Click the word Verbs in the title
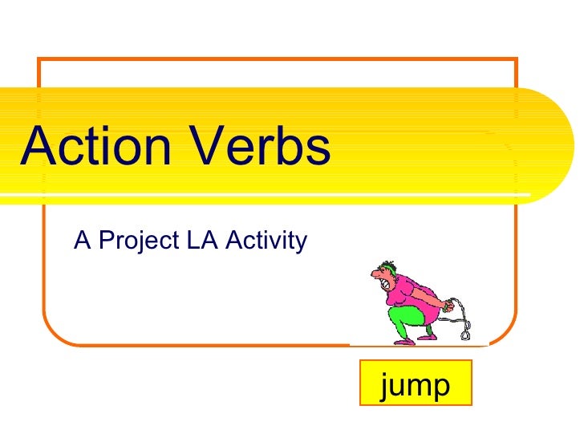click(x=268, y=148)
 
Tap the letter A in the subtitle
click(x=82, y=239)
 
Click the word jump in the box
click(x=416, y=386)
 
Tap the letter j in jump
click(x=387, y=387)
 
